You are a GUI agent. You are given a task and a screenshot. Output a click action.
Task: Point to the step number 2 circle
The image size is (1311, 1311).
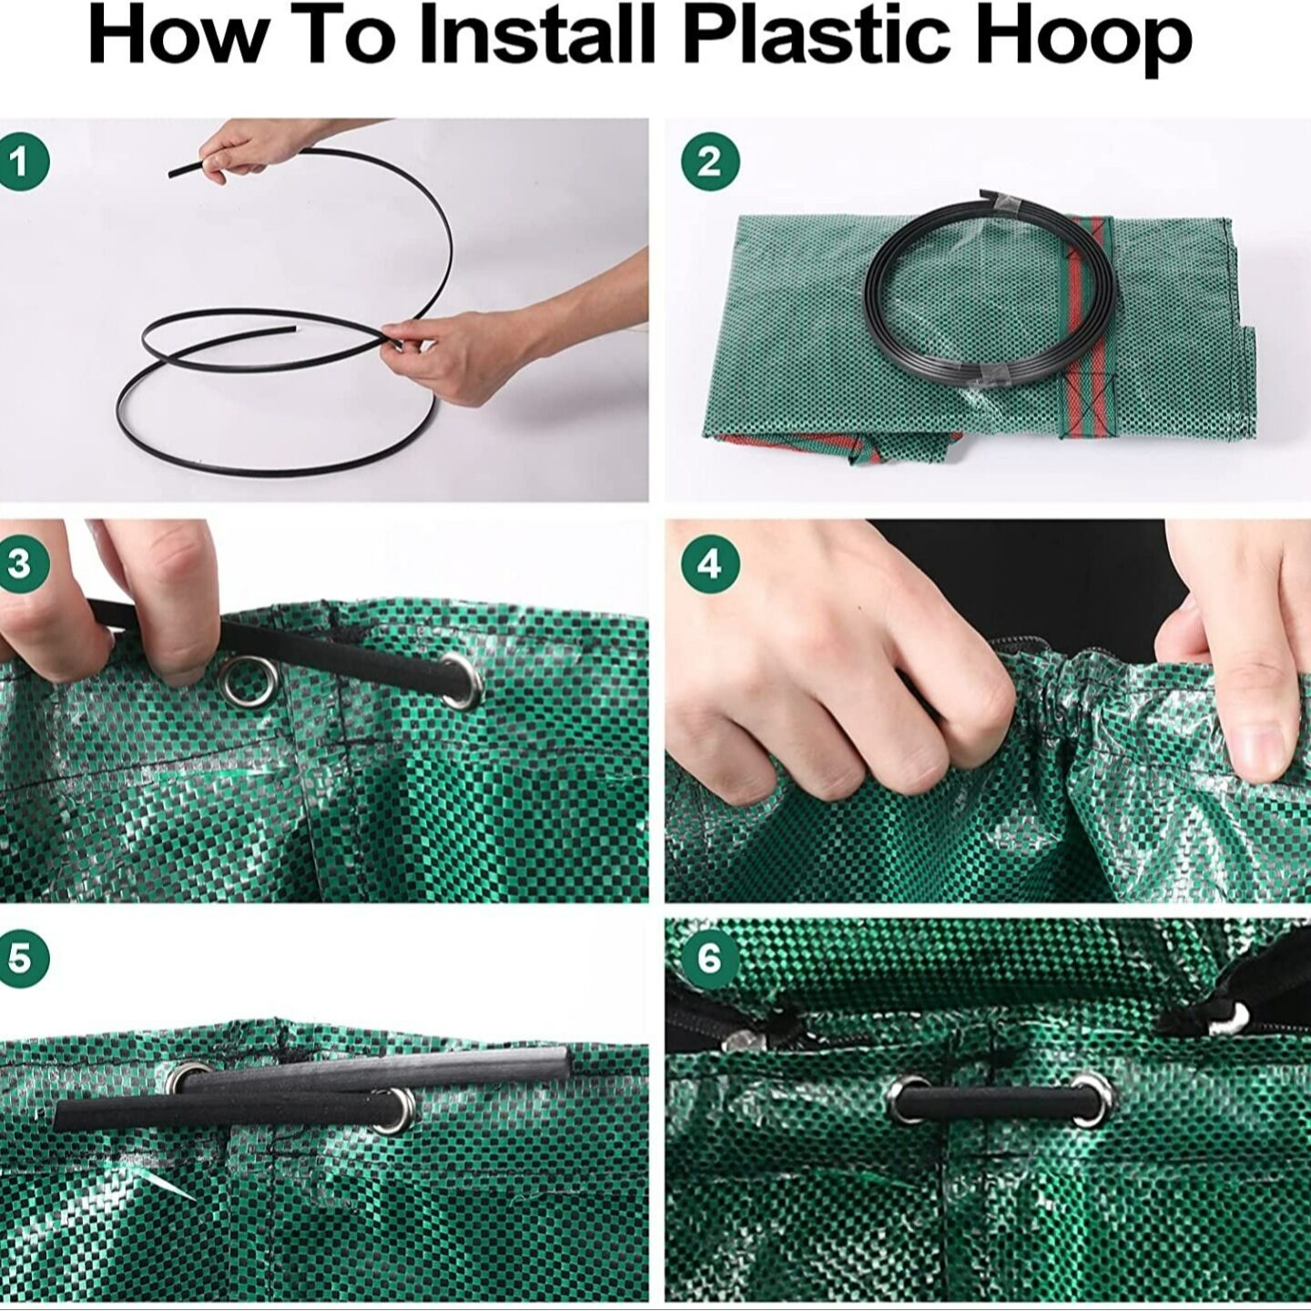tap(709, 163)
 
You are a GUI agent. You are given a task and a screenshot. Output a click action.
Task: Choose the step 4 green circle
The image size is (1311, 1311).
tap(709, 564)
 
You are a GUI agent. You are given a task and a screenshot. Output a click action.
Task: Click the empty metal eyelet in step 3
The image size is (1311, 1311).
tap(252, 682)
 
